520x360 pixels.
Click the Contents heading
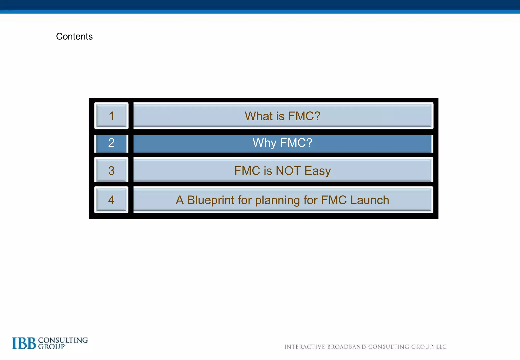[74, 37]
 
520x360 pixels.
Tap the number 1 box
[111, 116]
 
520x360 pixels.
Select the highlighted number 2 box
[111, 143]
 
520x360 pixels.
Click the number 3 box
[111, 170]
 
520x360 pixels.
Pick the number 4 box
[111, 200]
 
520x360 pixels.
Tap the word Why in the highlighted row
[264, 143]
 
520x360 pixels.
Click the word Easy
[318, 171]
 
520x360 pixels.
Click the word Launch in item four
[370, 200]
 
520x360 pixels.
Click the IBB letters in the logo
[24, 343]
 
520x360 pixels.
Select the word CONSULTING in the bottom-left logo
[63, 340]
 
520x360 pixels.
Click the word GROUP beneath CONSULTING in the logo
[52, 347]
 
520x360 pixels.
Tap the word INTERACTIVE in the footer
[304, 347]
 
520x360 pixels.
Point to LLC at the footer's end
[441, 347]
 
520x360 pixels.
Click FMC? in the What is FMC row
[304, 116]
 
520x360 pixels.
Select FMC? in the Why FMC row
[296, 143]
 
